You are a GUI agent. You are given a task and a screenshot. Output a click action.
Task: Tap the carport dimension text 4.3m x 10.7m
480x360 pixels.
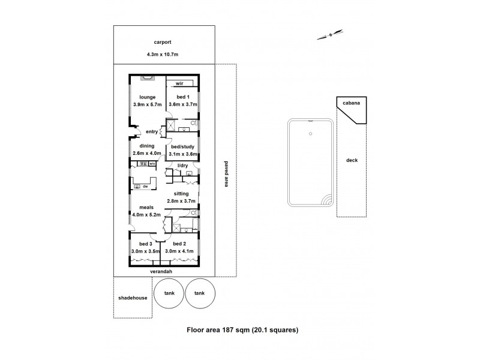163,55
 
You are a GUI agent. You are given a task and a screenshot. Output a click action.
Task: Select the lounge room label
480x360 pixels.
148,97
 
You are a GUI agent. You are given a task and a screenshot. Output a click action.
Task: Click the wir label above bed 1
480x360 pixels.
179,84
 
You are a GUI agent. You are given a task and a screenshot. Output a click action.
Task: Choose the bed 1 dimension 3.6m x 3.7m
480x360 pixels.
182,104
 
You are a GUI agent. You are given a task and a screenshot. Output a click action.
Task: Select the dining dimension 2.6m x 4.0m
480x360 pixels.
147,153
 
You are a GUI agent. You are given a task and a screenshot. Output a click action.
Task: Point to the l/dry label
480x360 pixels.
182,165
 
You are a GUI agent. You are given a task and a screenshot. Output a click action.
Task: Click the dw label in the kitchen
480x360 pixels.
146,186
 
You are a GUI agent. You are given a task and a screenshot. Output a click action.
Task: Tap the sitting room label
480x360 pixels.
181,194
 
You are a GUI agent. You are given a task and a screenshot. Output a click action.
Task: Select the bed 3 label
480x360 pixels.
146,244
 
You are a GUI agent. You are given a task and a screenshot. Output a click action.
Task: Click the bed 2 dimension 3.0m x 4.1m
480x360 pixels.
181,251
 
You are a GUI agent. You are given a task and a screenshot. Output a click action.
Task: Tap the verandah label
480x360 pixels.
163,271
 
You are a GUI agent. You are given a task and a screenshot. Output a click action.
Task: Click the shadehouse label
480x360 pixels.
133,298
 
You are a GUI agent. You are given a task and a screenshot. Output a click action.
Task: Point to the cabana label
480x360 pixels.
351,103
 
